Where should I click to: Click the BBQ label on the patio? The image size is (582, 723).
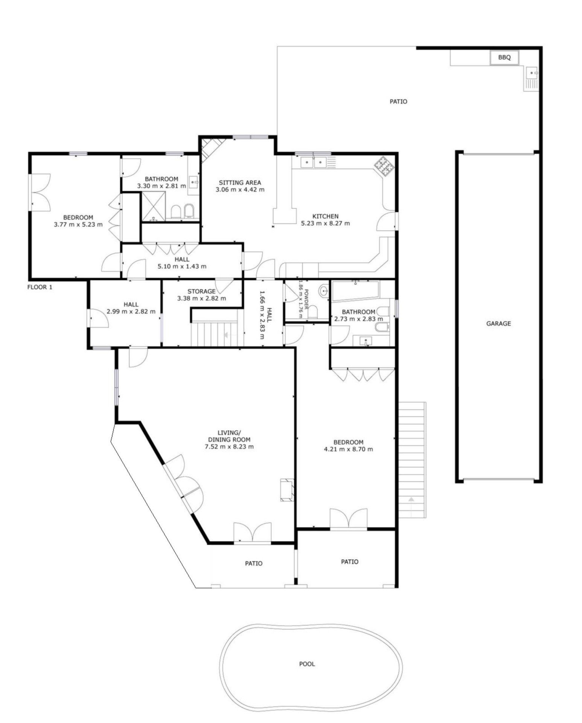coord(504,58)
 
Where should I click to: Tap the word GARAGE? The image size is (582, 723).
coord(498,323)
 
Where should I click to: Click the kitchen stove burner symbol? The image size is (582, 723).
coord(384,166)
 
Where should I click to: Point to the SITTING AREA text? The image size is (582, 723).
coord(240,183)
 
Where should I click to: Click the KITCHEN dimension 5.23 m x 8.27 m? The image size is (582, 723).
coord(325,223)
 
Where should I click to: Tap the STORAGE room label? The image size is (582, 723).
coord(201,291)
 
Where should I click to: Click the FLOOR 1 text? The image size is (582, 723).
coord(40,287)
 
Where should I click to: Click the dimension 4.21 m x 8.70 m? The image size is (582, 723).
coord(348,449)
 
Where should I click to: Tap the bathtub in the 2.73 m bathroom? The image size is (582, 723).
coord(355,291)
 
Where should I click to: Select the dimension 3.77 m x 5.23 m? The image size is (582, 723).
coord(78,224)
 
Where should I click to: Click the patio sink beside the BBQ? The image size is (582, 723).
coord(531,78)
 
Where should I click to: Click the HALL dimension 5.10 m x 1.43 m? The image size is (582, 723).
coord(182,266)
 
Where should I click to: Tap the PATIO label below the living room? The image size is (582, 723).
coord(253,563)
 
